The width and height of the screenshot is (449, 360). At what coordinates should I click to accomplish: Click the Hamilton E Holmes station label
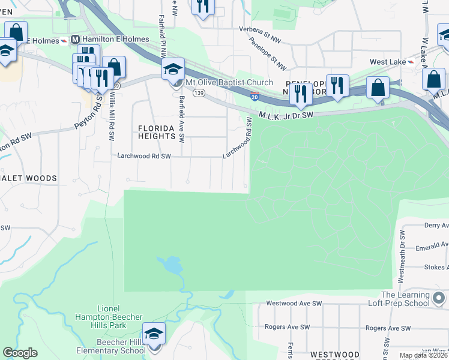coord(101,40)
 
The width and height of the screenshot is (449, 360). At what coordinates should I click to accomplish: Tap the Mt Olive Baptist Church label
coord(229,82)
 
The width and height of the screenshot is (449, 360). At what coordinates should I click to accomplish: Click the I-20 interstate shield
coord(255,96)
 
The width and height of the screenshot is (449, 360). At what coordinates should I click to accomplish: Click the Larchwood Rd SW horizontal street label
coord(144,156)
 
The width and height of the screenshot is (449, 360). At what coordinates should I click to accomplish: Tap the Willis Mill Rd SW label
coord(111,117)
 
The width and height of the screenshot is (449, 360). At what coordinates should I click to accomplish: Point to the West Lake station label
coord(387,62)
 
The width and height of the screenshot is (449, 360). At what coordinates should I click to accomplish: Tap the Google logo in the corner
coord(20,353)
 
